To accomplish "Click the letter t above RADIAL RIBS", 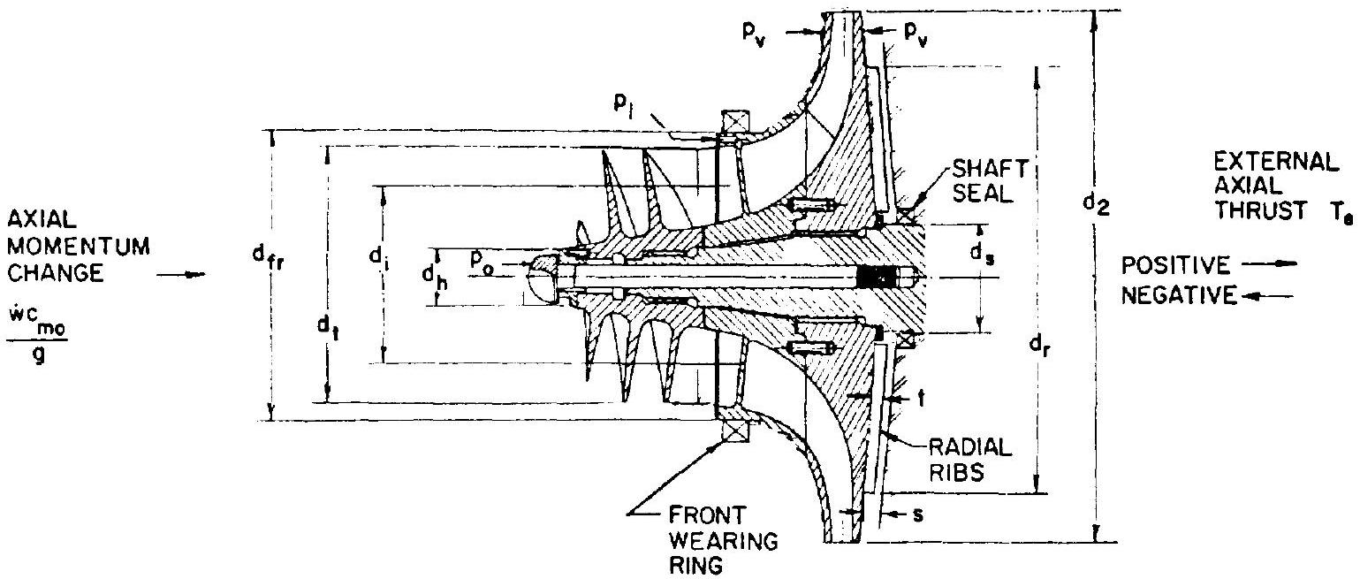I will point(923,399).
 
